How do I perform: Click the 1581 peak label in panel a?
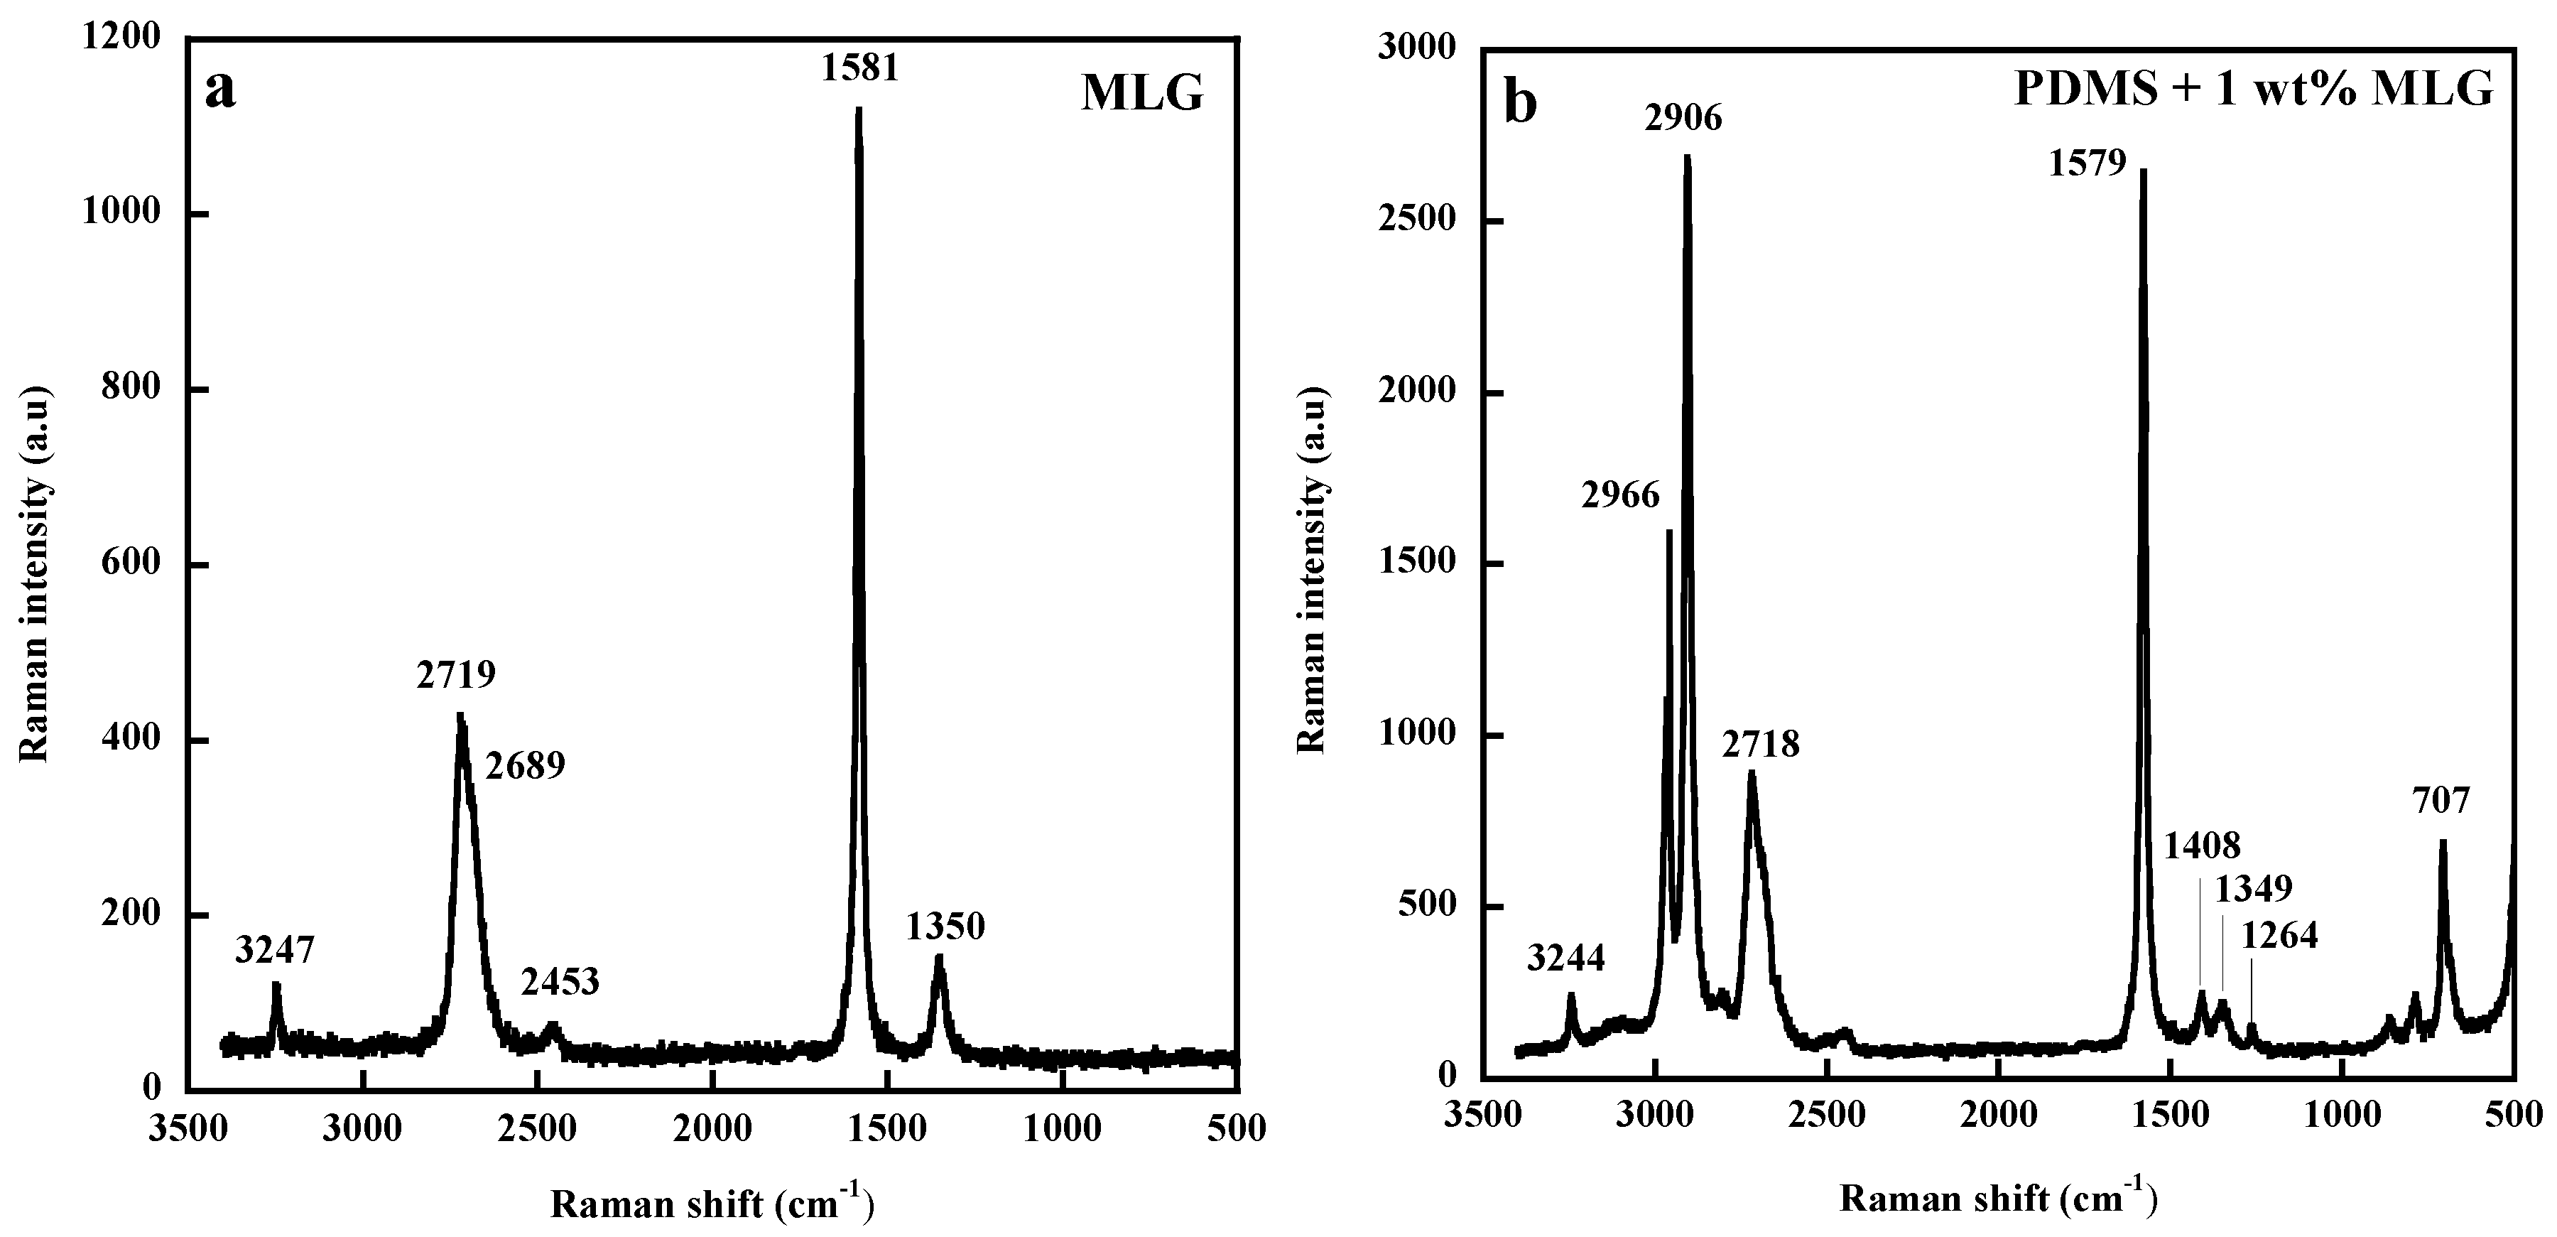(859, 67)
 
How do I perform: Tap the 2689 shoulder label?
(525, 765)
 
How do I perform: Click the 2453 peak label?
(560, 982)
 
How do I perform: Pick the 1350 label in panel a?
(945, 927)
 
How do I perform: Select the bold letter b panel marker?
(1521, 103)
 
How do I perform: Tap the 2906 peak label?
(1683, 118)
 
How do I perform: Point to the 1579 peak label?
(2088, 162)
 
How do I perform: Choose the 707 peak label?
(2441, 799)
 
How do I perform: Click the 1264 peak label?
(2280, 934)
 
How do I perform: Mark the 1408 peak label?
(2202, 845)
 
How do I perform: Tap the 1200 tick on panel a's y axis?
(121, 38)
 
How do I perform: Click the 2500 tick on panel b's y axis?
(1418, 220)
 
